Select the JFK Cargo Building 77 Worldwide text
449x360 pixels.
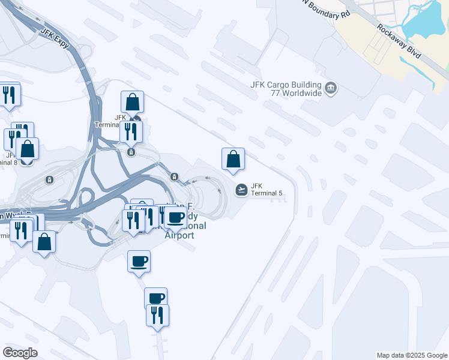(286, 89)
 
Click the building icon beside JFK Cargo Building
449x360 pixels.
(331, 89)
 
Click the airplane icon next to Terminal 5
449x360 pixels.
(241, 190)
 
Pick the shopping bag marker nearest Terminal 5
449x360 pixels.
(233, 160)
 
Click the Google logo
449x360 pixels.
(20, 353)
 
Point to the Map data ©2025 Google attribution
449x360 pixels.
(411, 355)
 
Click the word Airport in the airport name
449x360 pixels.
(179, 235)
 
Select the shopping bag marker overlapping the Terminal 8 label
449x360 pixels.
(28, 148)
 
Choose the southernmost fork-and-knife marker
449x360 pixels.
(157, 314)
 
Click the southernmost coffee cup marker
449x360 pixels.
(155, 298)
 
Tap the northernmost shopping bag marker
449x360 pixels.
(132, 102)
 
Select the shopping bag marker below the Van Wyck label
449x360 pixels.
(44, 242)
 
